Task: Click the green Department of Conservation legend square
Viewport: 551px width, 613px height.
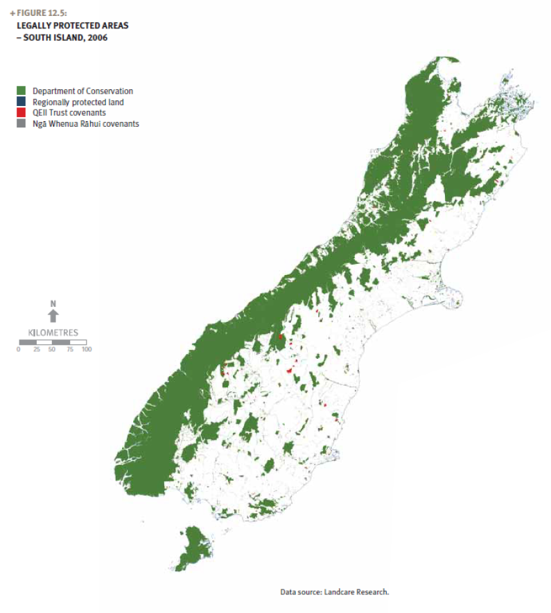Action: click(x=21, y=91)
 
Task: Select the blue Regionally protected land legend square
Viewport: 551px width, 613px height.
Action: click(x=21, y=102)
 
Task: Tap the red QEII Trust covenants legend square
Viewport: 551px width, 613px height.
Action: click(x=21, y=113)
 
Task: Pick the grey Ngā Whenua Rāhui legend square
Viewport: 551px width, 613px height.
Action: click(x=21, y=124)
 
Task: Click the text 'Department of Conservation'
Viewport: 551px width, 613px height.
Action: click(x=82, y=91)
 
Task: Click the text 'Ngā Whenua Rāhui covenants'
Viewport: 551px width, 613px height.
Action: click(x=86, y=124)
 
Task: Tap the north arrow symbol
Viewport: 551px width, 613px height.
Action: click(x=53, y=317)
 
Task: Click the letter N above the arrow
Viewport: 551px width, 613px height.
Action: click(x=53, y=304)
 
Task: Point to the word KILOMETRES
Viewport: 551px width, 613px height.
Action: click(x=53, y=332)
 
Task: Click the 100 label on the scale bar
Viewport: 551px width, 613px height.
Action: click(x=86, y=349)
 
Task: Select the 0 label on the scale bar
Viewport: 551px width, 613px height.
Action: click(x=19, y=349)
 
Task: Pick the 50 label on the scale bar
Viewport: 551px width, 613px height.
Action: click(x=52, y=349)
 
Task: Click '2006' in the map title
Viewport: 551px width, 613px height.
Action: click(x=98, y=37)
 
